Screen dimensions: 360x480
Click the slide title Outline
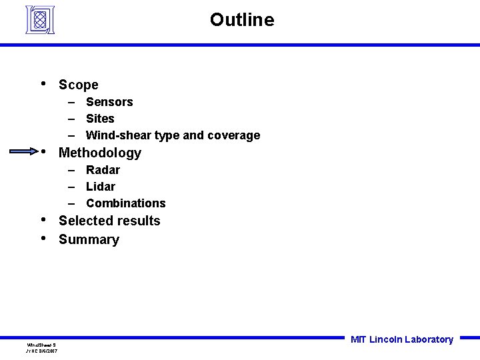[241, 20]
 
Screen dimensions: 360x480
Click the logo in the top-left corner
[39, 19]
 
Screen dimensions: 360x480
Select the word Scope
[78, 85]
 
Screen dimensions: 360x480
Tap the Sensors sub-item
[109, 102]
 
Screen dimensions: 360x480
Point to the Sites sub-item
[100, 119]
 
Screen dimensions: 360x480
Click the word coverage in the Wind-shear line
[233, 135]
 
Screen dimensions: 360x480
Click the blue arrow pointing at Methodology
[26, 151]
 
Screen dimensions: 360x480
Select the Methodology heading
[100, 153]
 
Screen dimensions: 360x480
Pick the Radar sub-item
[103, 170]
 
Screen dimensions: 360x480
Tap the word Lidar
[101, 187]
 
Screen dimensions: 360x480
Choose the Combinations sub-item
[125, 203]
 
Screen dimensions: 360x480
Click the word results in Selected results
[138, 221]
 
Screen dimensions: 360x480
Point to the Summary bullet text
[89, 239]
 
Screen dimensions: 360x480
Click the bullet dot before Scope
[43, 83]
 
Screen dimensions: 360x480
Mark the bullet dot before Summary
[43, 238]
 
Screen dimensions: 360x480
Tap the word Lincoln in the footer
[385, 339]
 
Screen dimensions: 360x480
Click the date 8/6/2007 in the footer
[48, 351]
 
